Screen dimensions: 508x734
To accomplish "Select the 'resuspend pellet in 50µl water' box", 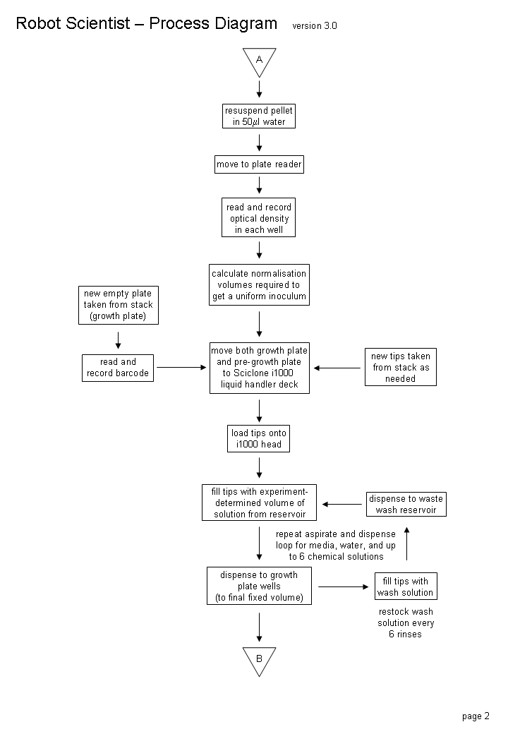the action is [x=259, y=116].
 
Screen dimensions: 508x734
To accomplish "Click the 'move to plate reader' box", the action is [x=259, y=164].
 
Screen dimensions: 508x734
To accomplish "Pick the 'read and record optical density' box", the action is [x=259, y=217].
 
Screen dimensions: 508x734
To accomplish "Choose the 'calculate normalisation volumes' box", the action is [x=259, y=284].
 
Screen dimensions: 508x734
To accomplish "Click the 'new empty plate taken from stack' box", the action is [x=119, y=305].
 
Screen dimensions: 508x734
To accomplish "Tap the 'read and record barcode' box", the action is [x=118, y=368].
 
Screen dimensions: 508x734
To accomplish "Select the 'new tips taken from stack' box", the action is [x=401, y=367].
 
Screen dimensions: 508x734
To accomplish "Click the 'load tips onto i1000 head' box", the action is [x=259, y=438].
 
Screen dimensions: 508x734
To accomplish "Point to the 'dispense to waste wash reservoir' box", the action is [x=406, y=504].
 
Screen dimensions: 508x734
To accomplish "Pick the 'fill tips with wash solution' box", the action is [x=406, y=586].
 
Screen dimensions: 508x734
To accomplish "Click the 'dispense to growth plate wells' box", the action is [x=259, y=586].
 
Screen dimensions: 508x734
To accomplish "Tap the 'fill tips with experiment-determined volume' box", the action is [x=259, y=503].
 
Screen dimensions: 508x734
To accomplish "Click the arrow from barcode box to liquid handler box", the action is [x=181, y=368].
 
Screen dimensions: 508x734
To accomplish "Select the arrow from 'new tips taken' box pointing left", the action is [x=337, y=368].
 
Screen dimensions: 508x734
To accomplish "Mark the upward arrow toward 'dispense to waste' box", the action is [x=407, y=543].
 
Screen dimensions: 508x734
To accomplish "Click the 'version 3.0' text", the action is [x=315, y=25].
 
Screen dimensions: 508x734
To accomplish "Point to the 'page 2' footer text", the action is [x=476, y=716].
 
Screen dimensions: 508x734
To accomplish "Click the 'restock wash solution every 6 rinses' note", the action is [x=406, y=623].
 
